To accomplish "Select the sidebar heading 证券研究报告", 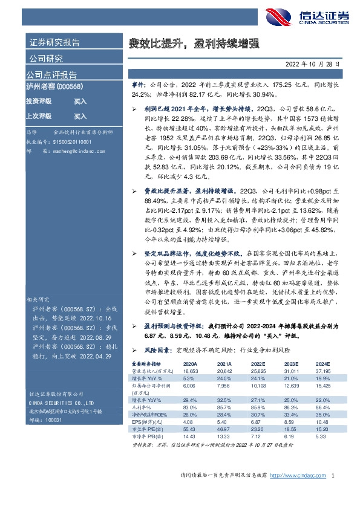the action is [54, 43].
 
